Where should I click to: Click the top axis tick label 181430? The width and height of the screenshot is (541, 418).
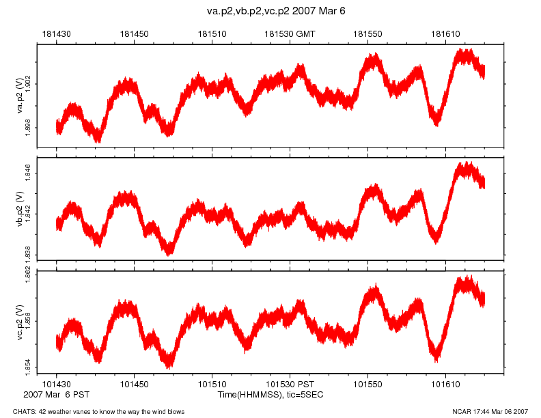(x=56, y=33)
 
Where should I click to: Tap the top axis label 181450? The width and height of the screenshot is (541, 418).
(x=134, y=33)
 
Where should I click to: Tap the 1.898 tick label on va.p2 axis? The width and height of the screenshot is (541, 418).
(x=28, y=127)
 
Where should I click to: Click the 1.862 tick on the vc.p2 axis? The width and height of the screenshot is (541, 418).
(x=28, y=276)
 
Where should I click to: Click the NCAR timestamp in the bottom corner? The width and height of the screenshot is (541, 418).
(x=490, y=411)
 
